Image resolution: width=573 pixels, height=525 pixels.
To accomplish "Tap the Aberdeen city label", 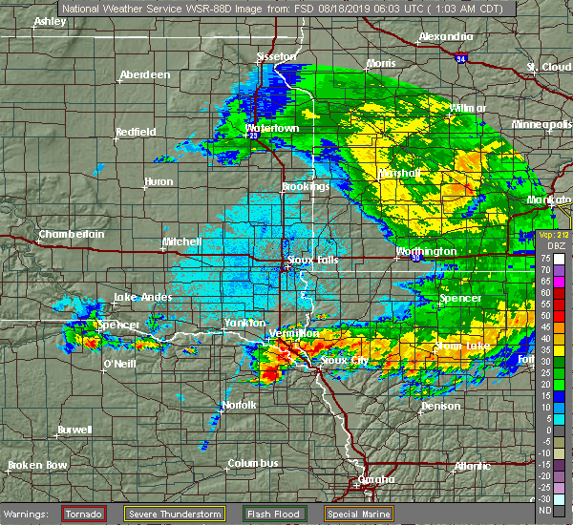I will [144, 75].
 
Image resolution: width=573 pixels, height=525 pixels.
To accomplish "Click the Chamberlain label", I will [71, 234].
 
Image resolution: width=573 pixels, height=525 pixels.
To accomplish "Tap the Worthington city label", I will [426, 251].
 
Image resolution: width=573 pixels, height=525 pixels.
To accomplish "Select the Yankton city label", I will [244, 323].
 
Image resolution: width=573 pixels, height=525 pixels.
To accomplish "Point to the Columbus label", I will [253, 463].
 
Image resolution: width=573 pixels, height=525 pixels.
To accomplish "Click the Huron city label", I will [158, 181].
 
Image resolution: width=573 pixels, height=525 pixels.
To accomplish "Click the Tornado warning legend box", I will [84, 513].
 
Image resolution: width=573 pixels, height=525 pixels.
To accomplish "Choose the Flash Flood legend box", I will [274, 513].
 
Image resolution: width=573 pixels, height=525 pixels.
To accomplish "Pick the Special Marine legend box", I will [361, 513].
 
